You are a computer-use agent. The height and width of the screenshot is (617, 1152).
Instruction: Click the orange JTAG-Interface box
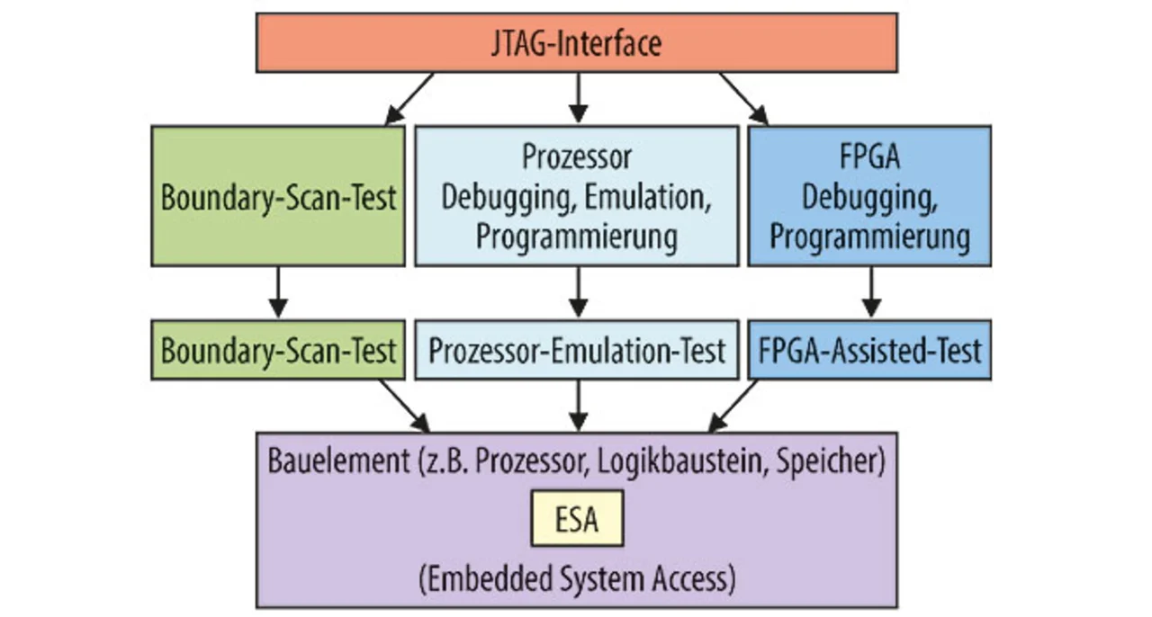[577, 42]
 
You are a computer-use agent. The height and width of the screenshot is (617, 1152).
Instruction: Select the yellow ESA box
[577, 518]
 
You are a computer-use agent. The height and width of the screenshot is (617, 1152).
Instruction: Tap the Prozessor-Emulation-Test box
[577, 350]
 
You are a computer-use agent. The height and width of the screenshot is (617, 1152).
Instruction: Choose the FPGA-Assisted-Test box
[869, 350]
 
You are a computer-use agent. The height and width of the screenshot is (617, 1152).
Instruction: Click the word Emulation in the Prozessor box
[648, 197]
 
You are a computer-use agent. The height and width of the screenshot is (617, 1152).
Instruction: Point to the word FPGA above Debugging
[869, 156]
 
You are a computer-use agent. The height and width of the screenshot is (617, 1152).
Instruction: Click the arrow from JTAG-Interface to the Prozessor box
[578, 98]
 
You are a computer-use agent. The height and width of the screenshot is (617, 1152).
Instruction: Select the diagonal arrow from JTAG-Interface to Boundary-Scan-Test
[409, 99]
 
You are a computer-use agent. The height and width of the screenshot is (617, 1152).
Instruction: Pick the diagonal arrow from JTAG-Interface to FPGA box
[744, 99]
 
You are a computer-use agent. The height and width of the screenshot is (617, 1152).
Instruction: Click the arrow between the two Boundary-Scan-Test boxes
[278, 292]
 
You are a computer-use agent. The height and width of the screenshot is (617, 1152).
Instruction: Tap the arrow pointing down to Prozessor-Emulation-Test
[578, 292]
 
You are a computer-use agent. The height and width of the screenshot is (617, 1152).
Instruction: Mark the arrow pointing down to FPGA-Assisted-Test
[870, 292]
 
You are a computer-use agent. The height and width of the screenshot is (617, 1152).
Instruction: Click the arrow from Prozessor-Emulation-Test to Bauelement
[578, 406]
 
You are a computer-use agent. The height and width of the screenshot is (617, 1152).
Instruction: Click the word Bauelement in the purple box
[339, 461]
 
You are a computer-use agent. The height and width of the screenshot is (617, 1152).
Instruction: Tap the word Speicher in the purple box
[831, 461]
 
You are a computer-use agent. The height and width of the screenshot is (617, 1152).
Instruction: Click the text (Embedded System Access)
[577, 579]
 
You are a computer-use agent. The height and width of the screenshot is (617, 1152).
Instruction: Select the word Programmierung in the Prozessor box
[577, 237]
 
